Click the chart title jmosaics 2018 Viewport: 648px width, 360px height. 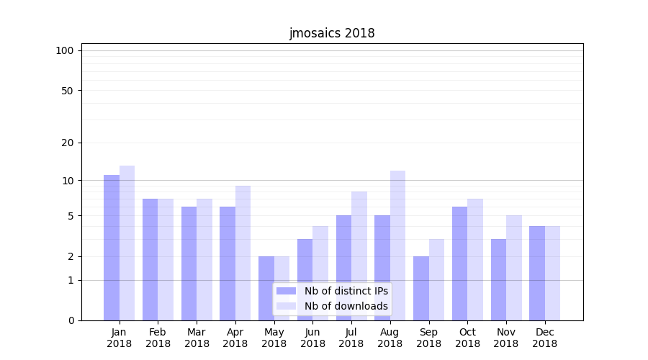pyautogui.click(x=332, y=33)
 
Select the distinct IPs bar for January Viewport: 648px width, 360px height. pyautogui.click(x=112, y=248)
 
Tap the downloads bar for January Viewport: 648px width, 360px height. pyautogui.click(x=127, y=243)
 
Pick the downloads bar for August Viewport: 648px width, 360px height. pyautogui.click(x=397, y=246)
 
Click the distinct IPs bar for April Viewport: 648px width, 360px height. pyautogui.click(x=228, y=264)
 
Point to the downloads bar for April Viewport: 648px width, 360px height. pyautogui.click(x=243, y=253)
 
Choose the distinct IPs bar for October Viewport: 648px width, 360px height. pyautogui.click(x=459, y=264)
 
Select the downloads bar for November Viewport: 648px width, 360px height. pyautogui.click(x=514, y=268)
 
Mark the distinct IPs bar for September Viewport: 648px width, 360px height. pyautogui.click(x=421, y=288)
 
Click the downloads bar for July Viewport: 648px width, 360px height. pyautogui.click(x=359, y=256)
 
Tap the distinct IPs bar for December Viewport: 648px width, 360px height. pyautogui.click(x=537, y=274)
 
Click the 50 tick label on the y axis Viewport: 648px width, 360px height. pyautogui.click(x=67, y=91)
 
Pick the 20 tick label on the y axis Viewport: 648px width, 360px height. pyautogui.click(x=67, y=143)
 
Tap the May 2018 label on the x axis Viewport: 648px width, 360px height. pyautogui.click(x=274, y=338)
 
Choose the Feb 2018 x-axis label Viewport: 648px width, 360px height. pyautogui.click(x=158, y=338)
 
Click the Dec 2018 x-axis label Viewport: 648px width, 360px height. pyautogui.click(x=544, y=338)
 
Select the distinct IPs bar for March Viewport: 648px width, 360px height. pyautogui.click(x=189, y=264)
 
